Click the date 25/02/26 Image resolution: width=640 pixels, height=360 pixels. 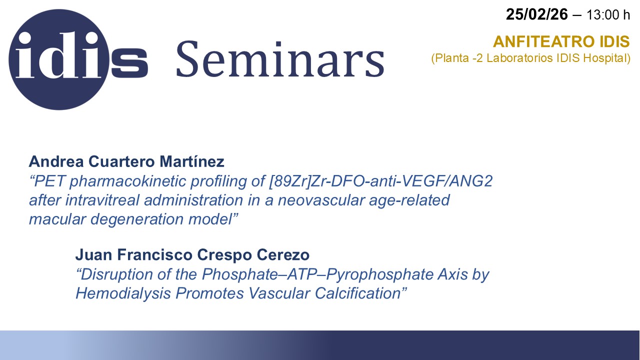pyautogui.click(x=537, y=14)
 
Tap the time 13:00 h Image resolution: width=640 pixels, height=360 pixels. pyautogui.click(x=608, y=15)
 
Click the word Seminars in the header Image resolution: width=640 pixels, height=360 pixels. pyautogui.click(x=280, y=58)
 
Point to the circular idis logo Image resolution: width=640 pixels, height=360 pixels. pyautogui.click(x=59, y=59)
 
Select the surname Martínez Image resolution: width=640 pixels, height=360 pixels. pyautogui.click(x=191, y=161)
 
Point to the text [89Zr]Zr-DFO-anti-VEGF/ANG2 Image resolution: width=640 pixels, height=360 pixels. pyautogui.click(x=381, y=181)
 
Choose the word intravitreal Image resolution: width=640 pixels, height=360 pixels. pyautogui.click(x=102, y=200)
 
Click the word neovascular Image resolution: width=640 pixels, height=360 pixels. pyautogui.click(x=321, y=200)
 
